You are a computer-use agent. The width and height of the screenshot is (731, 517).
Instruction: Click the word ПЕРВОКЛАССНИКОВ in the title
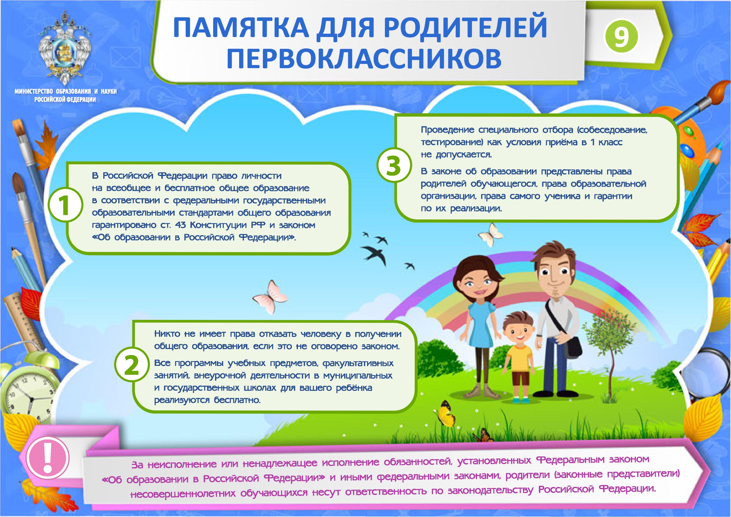coord(364,58)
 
